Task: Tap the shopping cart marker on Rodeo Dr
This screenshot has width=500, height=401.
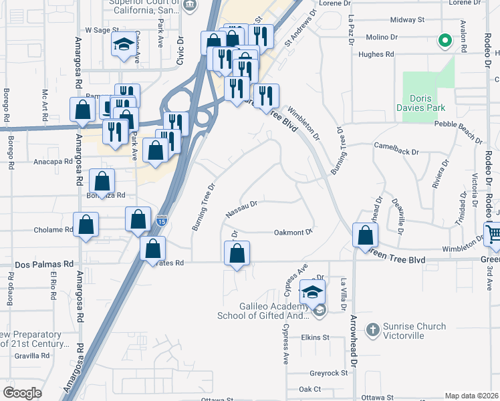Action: pos(493,234)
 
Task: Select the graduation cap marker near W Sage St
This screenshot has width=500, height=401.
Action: pos(123,45)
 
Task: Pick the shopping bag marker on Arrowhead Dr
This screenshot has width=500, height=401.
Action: pos(366,235)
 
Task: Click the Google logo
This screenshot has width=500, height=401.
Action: pos(22,393)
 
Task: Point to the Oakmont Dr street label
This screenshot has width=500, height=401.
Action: pos(293,233)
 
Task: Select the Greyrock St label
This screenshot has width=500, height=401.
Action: pos(329,373)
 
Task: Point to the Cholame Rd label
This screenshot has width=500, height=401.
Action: pos(53,230)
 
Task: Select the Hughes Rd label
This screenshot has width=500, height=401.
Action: pos(376,55)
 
